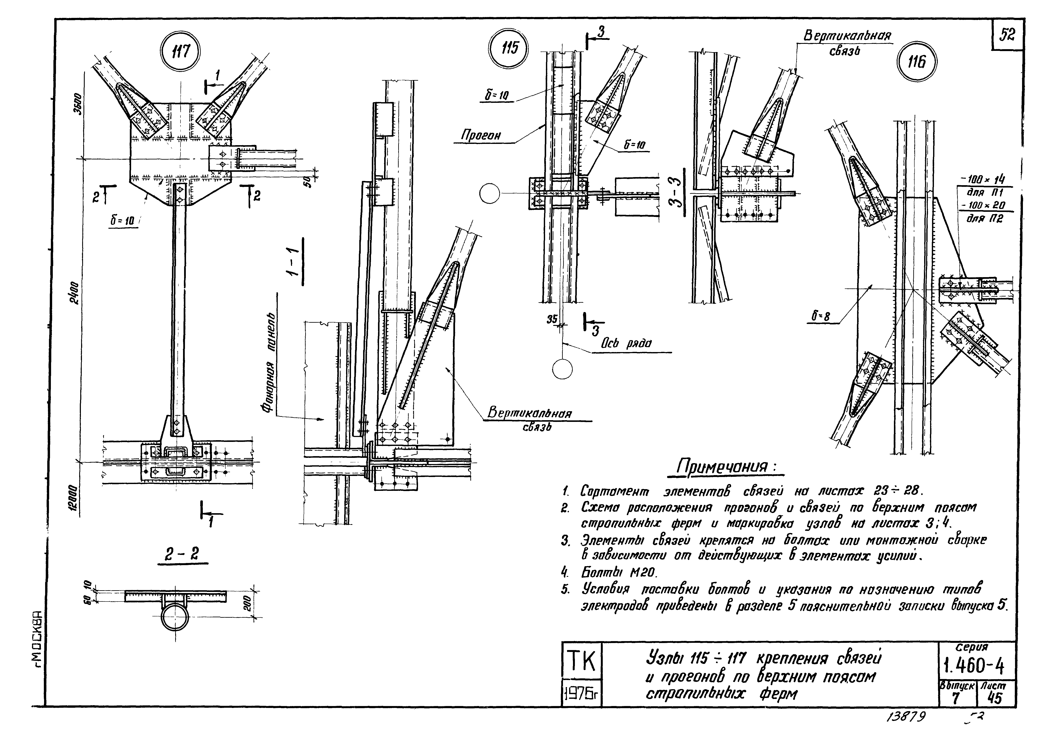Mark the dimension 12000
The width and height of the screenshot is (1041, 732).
pyautogui.click(x=74, y=497)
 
